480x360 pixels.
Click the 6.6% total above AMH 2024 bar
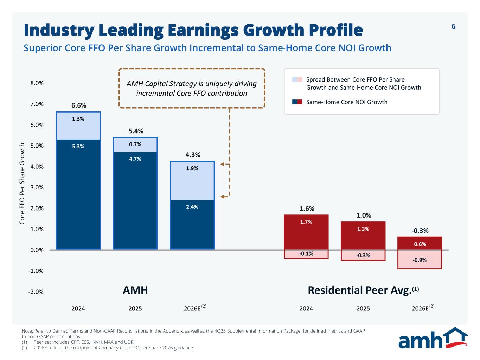(x=78, y=105)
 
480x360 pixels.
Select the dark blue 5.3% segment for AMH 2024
(x=78, y=194)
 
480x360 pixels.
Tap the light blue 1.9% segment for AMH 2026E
(x=192, y=181)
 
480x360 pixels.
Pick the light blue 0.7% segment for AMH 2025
(x=135, y=145)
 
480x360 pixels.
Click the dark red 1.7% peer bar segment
(x=306, y=232)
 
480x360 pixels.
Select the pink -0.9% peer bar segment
(x=420, y=259)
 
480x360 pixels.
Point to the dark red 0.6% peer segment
(x=420, y=243)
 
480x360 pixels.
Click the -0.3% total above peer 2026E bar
(x=420, y=231)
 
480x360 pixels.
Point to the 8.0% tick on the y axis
(x=37, y=83)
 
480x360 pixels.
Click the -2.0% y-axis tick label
(x=36, y=291)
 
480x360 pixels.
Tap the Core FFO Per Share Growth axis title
(x=22, y=184)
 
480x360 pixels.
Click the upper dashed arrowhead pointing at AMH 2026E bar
(x=222, y=164)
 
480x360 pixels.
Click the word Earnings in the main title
(x=203, y=31)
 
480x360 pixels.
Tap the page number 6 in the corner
(x=454, y=26)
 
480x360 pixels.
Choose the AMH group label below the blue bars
(x=135, y=290)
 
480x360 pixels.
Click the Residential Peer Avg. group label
(x=363, y=290)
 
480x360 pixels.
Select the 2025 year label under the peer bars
(x=363, y=308)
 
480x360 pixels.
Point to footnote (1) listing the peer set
(x=78, y=342)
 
